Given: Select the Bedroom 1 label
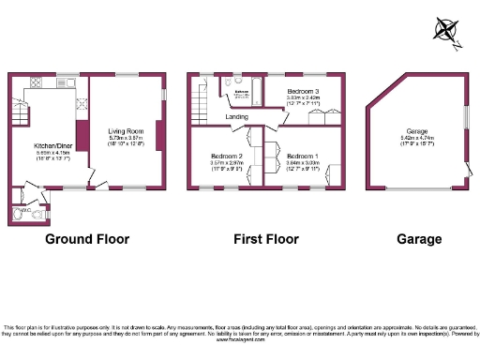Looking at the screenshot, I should click(303, 155).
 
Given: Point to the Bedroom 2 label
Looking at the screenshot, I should click(227, 155).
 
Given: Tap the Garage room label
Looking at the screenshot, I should click(417, 130).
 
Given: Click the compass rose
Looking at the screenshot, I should click(447, 31).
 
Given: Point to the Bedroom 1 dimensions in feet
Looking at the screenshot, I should click(303, 168).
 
